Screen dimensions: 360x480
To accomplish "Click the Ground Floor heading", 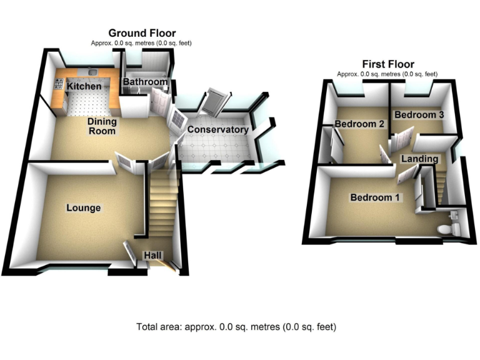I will tap(142, 33).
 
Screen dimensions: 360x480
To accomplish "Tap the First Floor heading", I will tap(387, 64).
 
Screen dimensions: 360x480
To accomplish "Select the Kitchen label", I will tap(84, 86).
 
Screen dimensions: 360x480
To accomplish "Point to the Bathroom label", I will tap(145, 82).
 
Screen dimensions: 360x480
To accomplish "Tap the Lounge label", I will tap(84, 207).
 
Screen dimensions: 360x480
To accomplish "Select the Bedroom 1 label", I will tap(376, 197).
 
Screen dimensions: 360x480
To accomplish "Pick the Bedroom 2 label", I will tap(359, 124).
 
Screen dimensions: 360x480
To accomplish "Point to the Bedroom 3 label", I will tap(419, 115).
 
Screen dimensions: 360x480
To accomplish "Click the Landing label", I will tap(419, 159).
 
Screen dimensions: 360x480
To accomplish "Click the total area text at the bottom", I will tap(236, 327).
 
